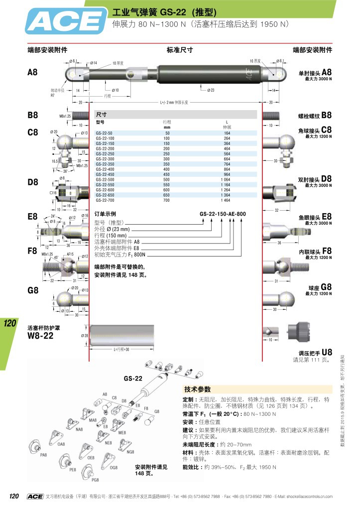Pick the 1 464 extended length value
point(227,200)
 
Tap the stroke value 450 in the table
point(167,174)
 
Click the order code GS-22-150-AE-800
point(223,214)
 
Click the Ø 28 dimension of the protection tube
point(84,336)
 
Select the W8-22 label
point(41,335)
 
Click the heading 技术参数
point(198,389)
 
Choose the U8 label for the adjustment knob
point(327,351)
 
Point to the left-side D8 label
point(33,182)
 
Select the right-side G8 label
point(326,287)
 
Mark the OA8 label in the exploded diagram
point(61,443)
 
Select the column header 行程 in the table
point(167,122)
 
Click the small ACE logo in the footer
point(35,496)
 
